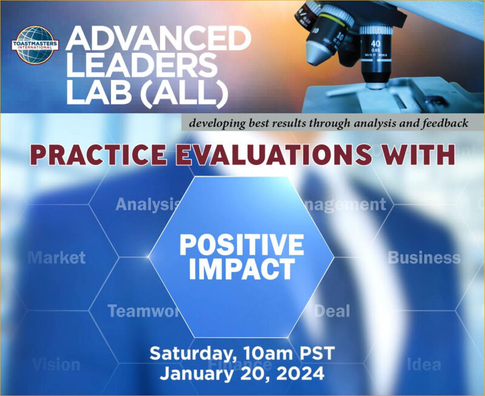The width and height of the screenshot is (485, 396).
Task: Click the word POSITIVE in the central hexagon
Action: [241, 244]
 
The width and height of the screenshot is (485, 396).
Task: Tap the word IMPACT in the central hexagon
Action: [241, 269]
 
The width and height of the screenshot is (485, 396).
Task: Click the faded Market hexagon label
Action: [57, 258]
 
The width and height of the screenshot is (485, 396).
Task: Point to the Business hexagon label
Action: [424, 257]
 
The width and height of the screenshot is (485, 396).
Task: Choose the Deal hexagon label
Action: [332, 311]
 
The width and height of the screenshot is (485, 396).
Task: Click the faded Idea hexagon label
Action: [424, 364]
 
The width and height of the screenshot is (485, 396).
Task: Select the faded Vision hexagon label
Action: [56, 364]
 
